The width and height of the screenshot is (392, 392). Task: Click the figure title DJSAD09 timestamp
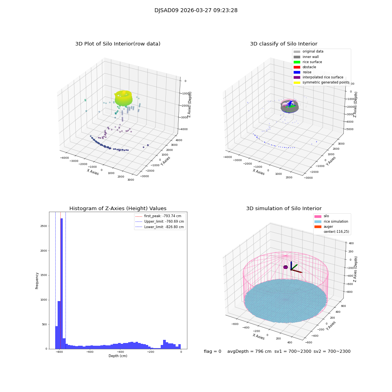tap(196, 11)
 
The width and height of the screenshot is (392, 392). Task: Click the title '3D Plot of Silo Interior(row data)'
tap(118, 44)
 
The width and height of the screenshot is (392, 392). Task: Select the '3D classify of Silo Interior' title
tap(283, 44)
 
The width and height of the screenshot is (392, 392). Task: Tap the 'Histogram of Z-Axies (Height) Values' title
tap(118, 209)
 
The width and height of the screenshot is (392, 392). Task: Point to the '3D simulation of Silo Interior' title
tap(283, 209)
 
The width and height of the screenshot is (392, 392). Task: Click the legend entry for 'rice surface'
tap(311, 62)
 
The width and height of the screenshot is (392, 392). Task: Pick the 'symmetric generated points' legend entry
tap(325, 82)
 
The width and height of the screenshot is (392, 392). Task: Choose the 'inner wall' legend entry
tap(310, 57)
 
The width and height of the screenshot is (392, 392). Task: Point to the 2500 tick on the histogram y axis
tap(43, 226)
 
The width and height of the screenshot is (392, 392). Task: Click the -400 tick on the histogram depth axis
tap(120, 352)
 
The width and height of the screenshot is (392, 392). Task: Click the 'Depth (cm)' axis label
tap(118, 356)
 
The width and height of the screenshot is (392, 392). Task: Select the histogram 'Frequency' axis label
tap(37, 280)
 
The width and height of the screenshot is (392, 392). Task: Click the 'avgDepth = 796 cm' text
tap(249, 352)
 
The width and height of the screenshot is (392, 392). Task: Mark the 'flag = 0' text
tap(212, 352)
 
